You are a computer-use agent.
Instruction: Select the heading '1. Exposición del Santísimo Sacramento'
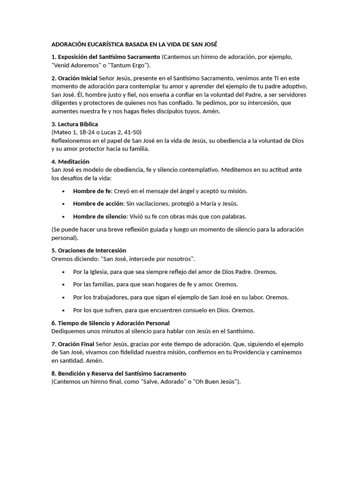point(106,57)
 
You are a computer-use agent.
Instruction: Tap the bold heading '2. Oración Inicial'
point(75,78)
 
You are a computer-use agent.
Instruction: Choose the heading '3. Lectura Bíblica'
point(75,124)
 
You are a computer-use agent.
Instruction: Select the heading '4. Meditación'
point(70,161)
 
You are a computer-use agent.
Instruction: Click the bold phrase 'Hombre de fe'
point(92,191)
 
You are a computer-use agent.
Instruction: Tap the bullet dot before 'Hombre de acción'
point(64,204)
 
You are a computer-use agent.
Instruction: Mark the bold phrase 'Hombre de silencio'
point(100,216)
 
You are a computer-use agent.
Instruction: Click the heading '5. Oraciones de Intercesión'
point(89,250)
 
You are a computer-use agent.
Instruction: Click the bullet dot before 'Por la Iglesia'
point(64,272)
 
